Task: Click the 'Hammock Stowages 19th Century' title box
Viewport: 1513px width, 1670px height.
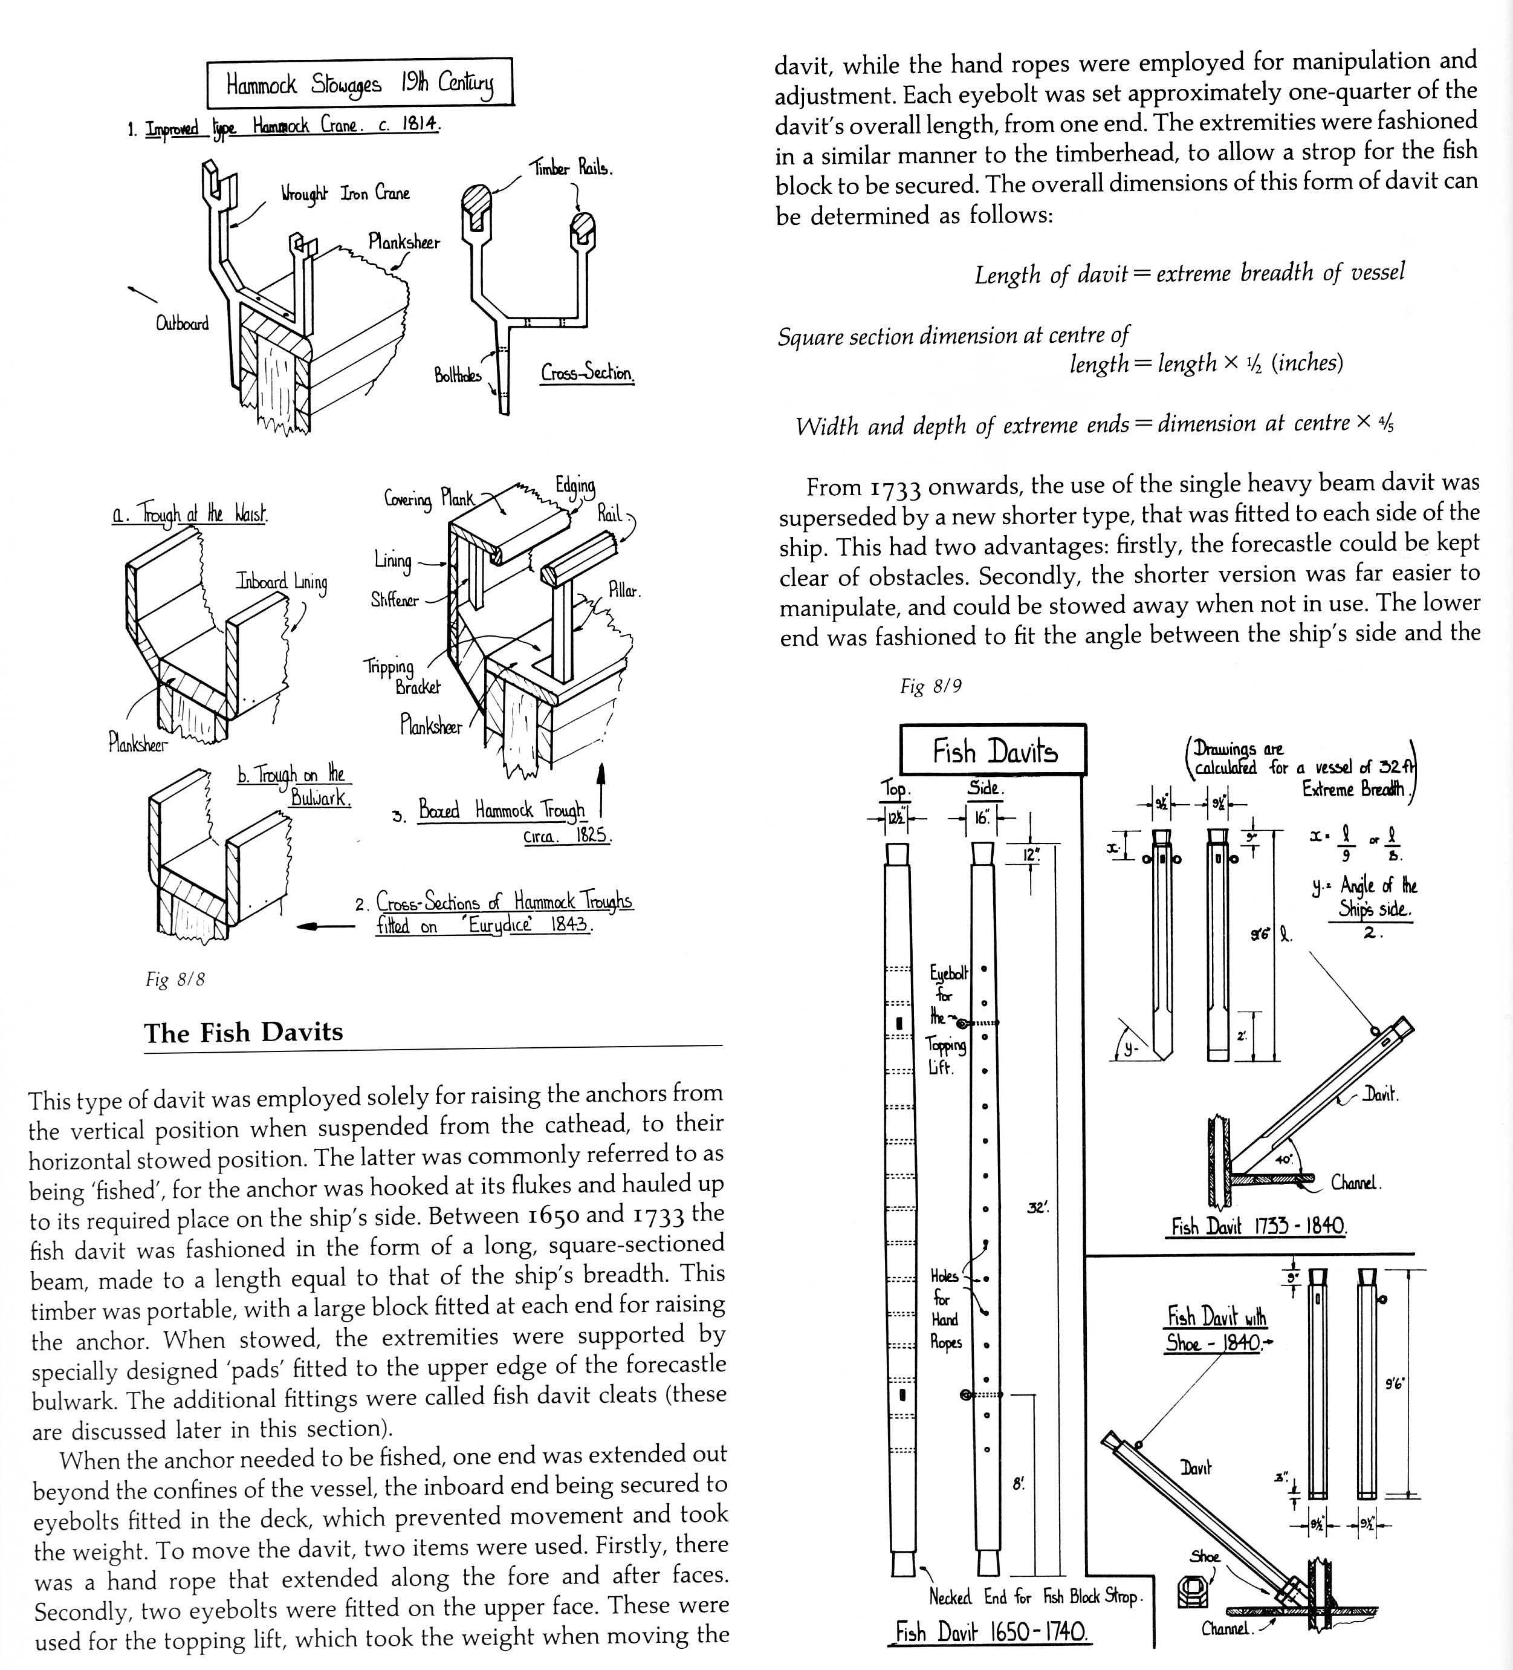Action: [x=360, y=83]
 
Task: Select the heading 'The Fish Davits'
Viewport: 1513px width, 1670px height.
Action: [x=244, y=1032]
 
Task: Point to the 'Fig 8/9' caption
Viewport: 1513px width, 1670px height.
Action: [x=931, y=686]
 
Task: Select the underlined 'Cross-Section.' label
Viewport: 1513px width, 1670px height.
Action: [x=587, y=373]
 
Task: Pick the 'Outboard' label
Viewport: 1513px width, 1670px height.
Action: [x=182, y=323]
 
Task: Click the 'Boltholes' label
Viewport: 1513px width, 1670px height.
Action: [x=457, y=375]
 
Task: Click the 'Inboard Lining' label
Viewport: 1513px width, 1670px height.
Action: [x=282, y=582]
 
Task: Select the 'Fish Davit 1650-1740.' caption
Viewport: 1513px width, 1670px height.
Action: [x=991, y=1632]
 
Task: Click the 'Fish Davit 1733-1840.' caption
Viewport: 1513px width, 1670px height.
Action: [x=1258, y=1226]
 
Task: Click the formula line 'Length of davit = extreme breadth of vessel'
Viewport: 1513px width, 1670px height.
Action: [x=1188, y=273]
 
